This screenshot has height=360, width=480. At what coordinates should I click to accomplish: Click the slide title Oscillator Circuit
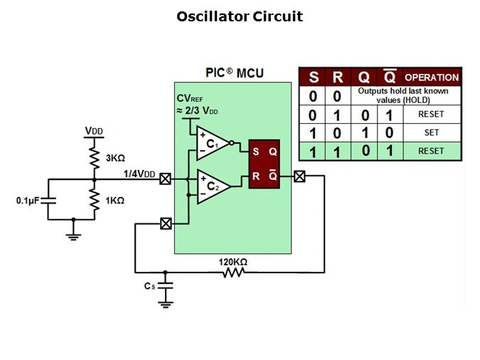[x=239, y=16]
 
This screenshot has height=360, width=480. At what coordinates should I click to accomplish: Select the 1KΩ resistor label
[x=114, y=201]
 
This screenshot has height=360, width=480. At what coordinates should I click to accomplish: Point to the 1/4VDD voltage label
[x=139, y=174]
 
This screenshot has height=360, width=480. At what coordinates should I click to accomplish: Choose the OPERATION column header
[x=432, y=78]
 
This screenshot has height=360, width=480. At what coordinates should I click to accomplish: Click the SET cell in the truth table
[x=431, y=132]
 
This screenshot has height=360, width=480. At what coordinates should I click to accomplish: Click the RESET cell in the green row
[x=431, y=151]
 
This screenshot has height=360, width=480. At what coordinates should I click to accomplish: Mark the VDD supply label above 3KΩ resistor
[x=93, y=132]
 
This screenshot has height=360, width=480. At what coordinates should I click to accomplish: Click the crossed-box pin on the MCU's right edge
[x=300, y=176]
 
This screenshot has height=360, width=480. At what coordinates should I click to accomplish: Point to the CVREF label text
[x=190, y=99]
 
